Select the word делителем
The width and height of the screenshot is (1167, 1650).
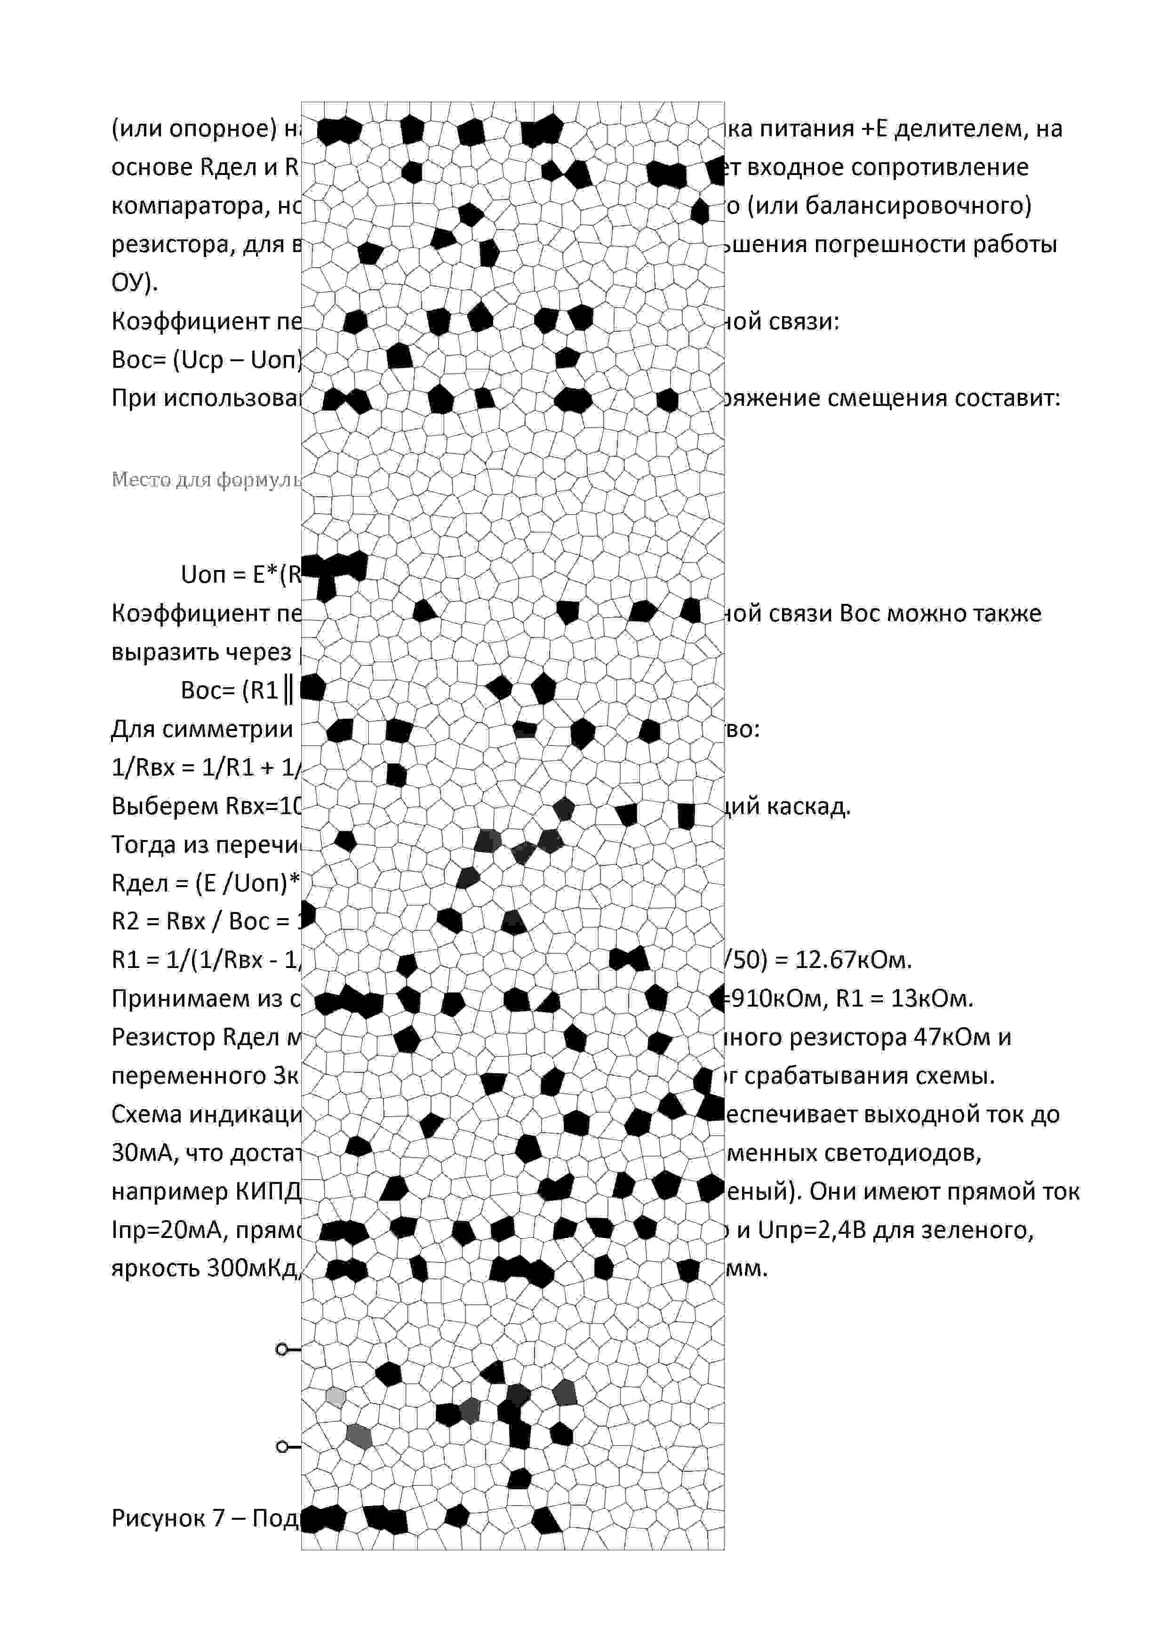coord(957,129)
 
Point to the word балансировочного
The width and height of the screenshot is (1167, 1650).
coord(918,206)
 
